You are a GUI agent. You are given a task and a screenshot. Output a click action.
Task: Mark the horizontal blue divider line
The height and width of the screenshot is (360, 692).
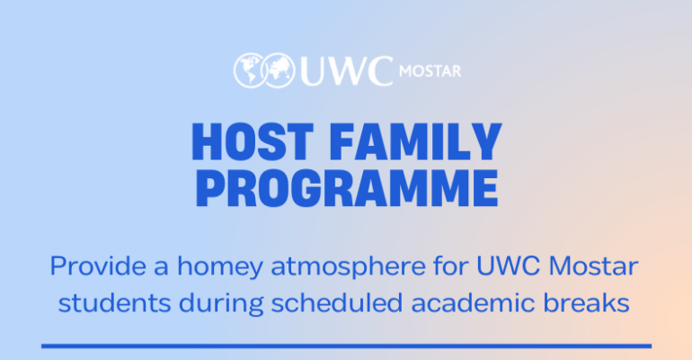346,345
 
